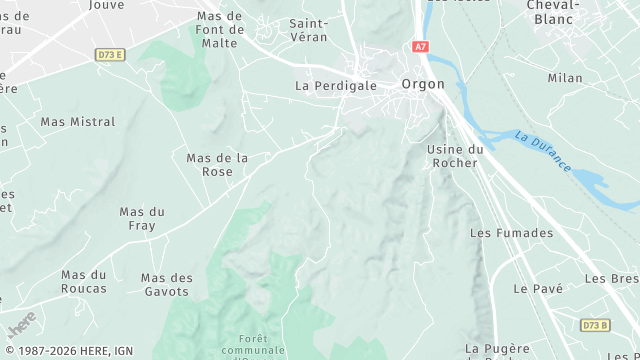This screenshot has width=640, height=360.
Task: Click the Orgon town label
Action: pos(422,85)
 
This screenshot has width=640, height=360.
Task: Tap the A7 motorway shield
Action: pos(419,47)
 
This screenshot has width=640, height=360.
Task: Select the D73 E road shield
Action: pos(110,55)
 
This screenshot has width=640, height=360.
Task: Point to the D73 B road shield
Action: pos(594,326)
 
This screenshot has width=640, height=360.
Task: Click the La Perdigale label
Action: pos(336,86)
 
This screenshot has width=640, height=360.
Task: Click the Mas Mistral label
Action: pos(78,122)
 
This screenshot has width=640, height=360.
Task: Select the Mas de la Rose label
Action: pos(217,165)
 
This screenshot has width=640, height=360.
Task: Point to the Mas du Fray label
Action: pos(142,219)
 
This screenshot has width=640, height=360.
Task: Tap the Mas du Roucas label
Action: pos(84,282)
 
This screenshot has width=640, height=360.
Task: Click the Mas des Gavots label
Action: pos(166,285)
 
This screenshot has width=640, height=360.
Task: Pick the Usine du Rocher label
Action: pos(455,156)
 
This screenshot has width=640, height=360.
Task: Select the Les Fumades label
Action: pos(511,233)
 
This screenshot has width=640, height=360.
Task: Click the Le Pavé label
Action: pos(538,288)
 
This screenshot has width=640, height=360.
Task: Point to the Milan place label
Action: pos(565,78)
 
